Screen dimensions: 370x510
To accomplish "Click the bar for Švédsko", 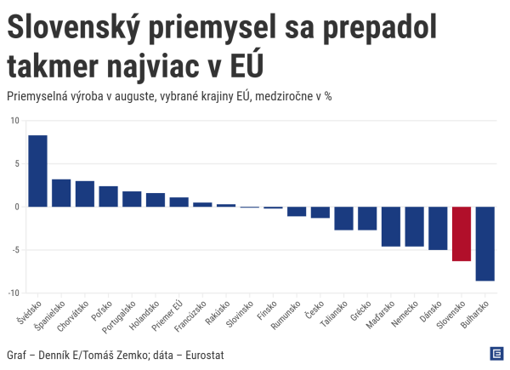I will coord(37,171).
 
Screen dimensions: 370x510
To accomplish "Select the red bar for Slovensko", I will coord(462,234).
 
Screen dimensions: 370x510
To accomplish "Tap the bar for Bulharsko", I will coord(485,243).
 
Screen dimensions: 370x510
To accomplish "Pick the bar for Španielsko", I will coord(61,193).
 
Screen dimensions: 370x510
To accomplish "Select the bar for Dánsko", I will coord(438,228).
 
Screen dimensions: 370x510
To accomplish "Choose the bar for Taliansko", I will coord(343,218).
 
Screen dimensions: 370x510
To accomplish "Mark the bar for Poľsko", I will coord(108,196).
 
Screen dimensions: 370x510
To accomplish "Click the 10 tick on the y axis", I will coord(14,121).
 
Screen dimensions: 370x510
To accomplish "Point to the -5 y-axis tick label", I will coord(14,250).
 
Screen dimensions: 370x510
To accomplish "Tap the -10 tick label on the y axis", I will coord(13,293).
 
